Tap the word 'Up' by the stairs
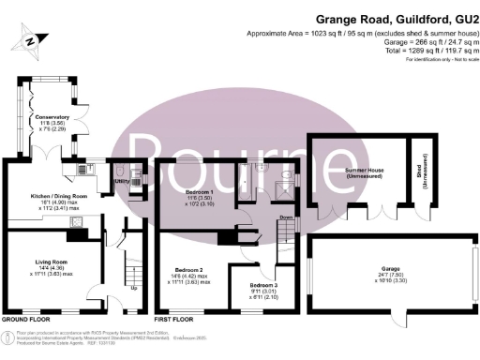tap(133, 287)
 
